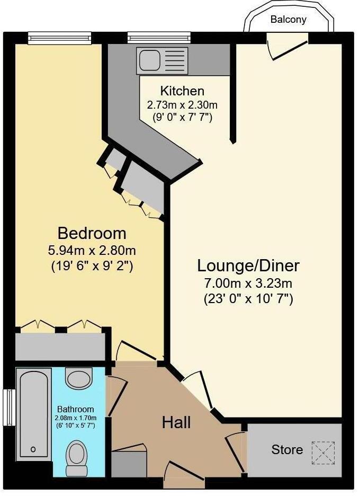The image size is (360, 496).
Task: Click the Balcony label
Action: click(289, 20)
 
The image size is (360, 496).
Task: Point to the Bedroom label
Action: click(92, 233)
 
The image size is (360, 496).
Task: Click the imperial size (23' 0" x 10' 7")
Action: click(248, 299)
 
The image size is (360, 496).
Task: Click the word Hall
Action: click(176, 422)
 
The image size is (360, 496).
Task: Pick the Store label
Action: click(287, 450)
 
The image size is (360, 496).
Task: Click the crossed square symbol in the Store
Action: click(323, 451)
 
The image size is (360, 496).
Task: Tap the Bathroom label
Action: click(76, 409)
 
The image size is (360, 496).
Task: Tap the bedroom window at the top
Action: click(52, 38)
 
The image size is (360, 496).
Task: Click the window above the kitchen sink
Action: click(152, 38)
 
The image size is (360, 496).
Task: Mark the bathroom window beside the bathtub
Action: click(8, 407)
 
